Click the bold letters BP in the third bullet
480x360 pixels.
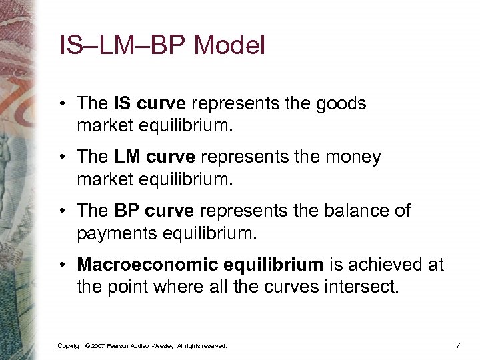pyautogui.click(x=127, y=211)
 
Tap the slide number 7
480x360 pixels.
pyautogui.click(x=457, y=345)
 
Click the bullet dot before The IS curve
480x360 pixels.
pyautogui.click(x=62, y=105)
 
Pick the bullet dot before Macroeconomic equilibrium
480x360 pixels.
pyautogui.click(x=62, y=265)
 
